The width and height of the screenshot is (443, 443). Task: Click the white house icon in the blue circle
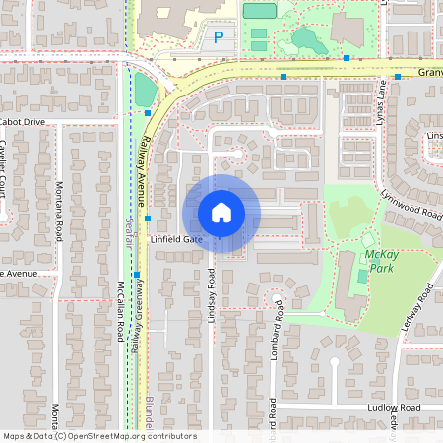point(221,213)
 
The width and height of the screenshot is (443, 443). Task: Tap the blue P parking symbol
point(218,38)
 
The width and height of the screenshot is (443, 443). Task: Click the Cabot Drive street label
point(23,122)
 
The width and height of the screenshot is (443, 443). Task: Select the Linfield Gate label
point(176,239)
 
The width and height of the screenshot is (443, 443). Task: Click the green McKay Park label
point(380,259)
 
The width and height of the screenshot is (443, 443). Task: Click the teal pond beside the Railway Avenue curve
point(144,90)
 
